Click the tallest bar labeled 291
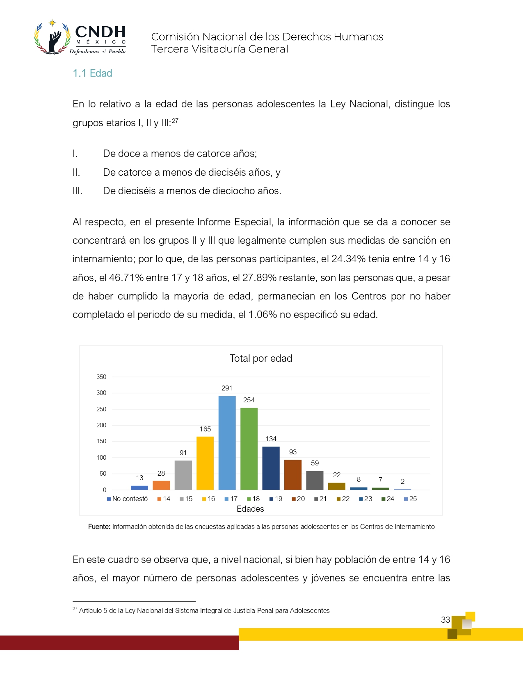(227, 443)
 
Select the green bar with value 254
(249, 449)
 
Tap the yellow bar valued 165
(205, 463)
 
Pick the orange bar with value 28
(161, 485)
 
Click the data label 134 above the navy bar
(271, 439)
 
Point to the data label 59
(315, 463)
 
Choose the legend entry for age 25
(410, 499)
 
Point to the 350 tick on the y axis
(101, 377)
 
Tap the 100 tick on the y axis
(101, 458)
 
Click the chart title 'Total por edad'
(261, 358)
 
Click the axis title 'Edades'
(250, 509)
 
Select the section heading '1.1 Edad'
(92, 73)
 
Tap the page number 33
(445, 620)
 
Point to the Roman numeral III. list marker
(78, 191)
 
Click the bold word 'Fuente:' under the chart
(99, 527)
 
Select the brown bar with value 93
(293, 475)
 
